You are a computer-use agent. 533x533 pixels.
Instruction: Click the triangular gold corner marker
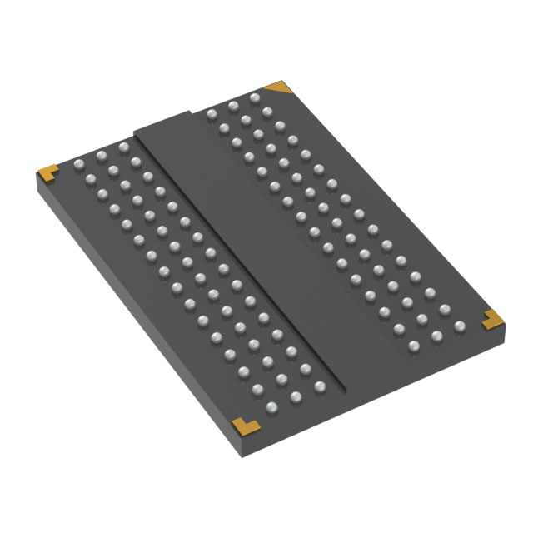(279, 87)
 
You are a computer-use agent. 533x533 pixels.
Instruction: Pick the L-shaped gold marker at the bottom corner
(244, 425)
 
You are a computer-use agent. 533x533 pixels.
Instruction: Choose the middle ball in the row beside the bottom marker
(295, 397)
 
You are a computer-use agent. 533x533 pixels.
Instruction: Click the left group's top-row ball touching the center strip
(122, 147)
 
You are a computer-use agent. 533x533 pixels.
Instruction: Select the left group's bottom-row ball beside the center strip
(318, 386)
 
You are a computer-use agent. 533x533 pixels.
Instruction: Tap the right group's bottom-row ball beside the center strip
(414, 345)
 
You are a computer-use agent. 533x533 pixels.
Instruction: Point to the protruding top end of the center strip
(167, 121)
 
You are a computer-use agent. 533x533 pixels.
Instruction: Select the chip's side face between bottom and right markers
(375, 391)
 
